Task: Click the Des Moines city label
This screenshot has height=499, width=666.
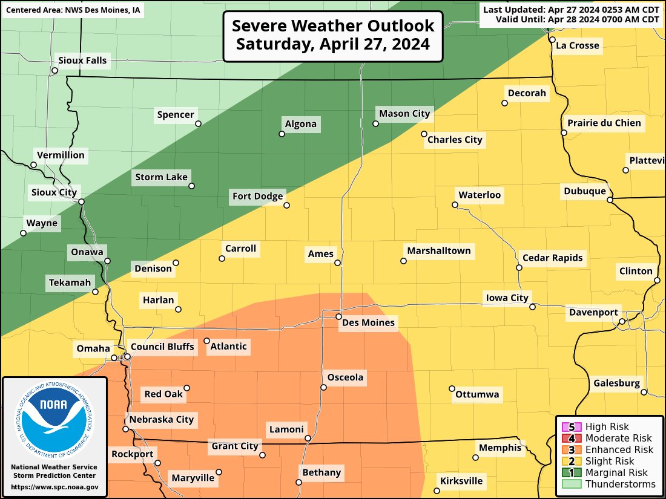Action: point(368,323)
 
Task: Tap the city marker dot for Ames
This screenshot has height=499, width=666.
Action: point(337,263)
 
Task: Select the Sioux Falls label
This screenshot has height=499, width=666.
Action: point(82,60)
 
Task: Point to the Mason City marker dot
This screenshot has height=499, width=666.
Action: point(375,123)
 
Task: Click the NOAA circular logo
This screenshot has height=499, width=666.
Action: point(54,418)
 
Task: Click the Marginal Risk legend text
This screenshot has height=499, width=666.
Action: point(616,472)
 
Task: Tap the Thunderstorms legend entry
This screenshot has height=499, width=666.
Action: point(620,484)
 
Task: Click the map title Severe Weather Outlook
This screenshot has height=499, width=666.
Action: point(333,26)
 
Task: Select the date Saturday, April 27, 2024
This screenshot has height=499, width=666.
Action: point(333,44)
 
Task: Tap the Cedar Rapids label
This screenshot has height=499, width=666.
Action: point(552,258)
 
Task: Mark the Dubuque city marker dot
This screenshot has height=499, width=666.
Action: point(610,199)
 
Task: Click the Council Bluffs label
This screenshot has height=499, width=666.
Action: point(162,347)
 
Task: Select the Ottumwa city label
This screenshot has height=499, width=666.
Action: point(477,395)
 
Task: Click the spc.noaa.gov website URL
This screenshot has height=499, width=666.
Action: point(54,487)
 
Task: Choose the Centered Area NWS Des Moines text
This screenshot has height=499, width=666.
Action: point(73,10)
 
